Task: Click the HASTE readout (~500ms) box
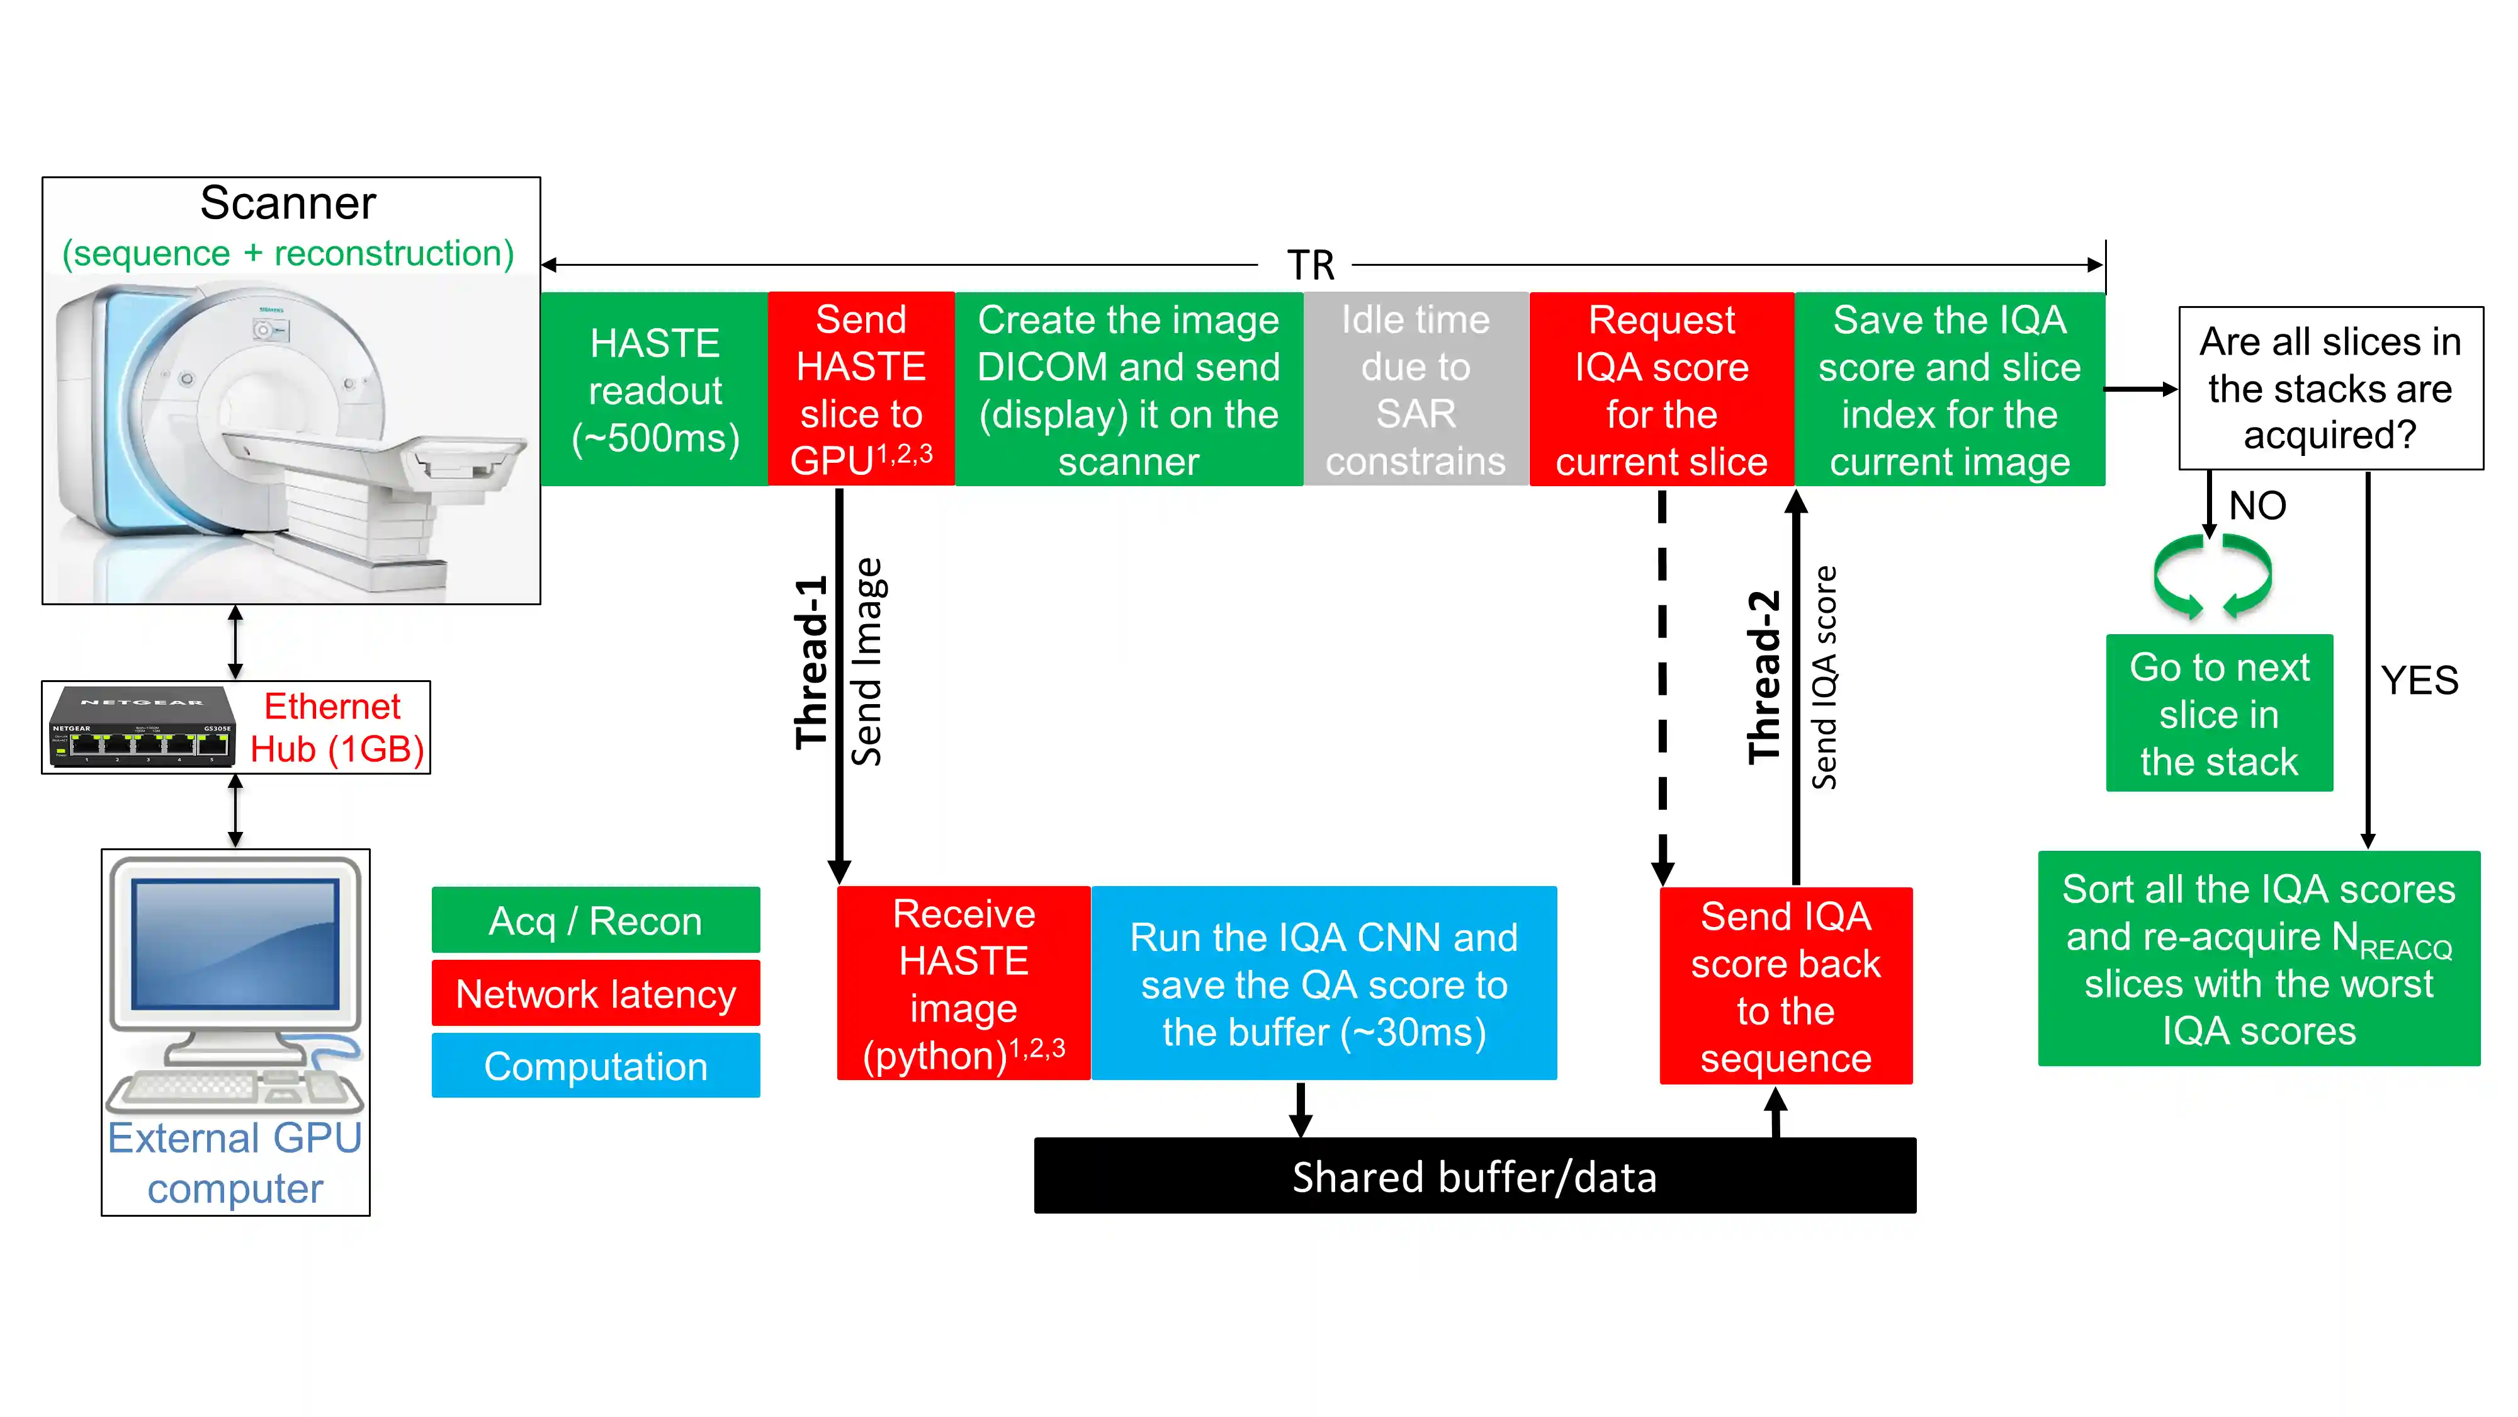point(654,389)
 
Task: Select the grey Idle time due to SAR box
point(1415,389)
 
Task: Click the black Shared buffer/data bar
point(1474,1176)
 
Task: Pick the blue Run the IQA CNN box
point(1323,984)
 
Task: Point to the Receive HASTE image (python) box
point(964,984)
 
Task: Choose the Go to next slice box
point(2219,714)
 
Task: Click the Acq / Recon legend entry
point(596,920)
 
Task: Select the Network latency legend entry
point(596,994)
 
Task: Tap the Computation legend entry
point(596,1066)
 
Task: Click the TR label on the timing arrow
point(1310,265)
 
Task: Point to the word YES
point(2419,680)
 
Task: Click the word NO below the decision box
point(2257,506)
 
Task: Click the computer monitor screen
point(235,943)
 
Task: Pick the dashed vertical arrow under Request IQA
point(1662,685)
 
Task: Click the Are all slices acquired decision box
point(2330,388)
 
